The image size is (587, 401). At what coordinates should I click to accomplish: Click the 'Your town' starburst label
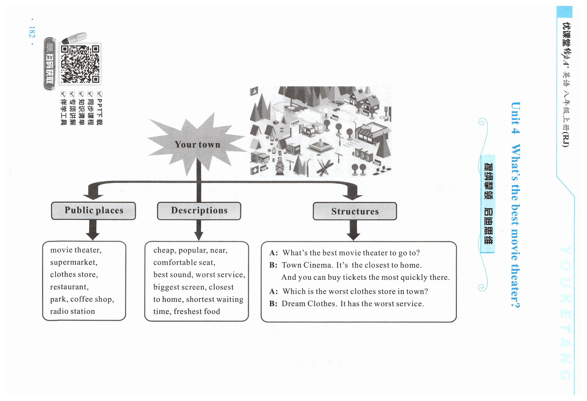coord(197,145)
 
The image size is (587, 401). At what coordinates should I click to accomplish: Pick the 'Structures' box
coord(355,211)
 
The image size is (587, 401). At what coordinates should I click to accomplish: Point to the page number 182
coord(32,32)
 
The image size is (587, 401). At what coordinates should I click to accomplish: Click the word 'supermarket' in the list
coord(73,262)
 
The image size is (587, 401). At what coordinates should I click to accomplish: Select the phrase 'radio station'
coord(72,311)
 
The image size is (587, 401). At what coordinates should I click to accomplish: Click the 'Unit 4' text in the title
coord(515,118)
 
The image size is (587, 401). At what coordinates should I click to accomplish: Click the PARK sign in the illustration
coord(295,123)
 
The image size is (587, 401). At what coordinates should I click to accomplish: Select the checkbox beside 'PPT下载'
coord(99,94)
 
